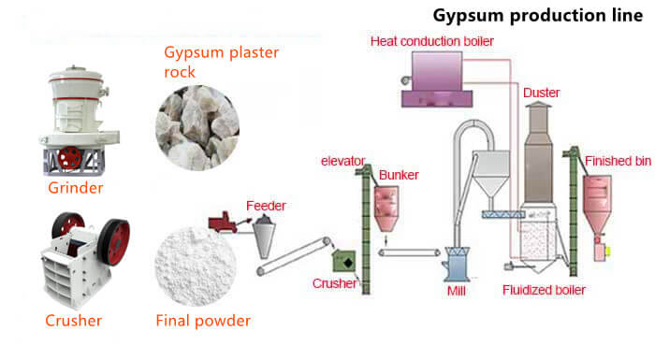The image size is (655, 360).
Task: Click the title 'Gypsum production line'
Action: click(x=537, y=16)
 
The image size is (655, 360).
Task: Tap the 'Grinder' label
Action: click(x=75, y=188)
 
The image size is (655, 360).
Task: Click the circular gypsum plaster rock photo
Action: click(x=196, y=126)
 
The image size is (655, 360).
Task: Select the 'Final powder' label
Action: click(x=203, y=321)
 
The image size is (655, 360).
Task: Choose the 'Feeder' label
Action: click(x=266, y=205)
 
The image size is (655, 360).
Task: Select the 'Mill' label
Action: click(x=464, y=291)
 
